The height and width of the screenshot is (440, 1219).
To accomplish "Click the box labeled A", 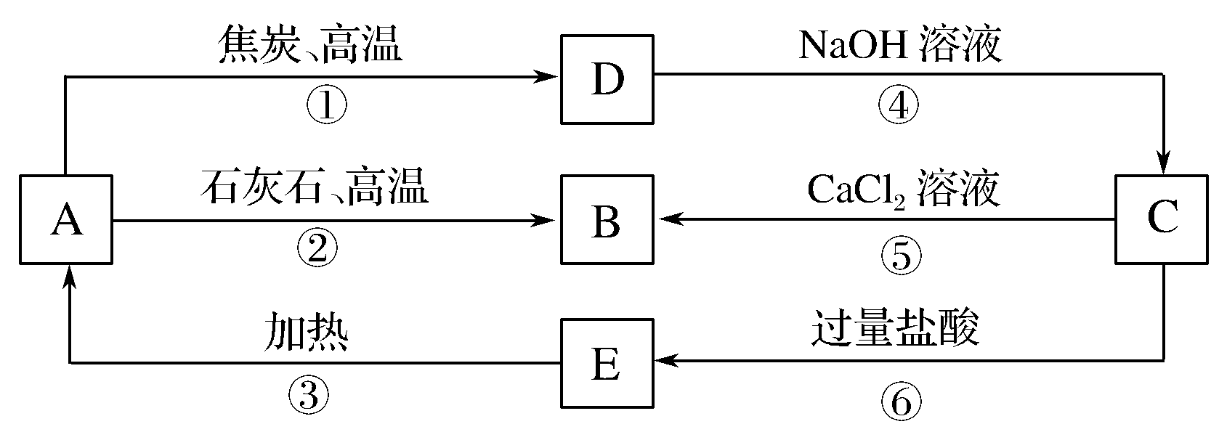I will pos(66,219).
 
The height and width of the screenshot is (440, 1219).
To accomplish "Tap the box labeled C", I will pos(1162,219).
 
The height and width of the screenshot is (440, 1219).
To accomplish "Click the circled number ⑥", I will pos(901,401).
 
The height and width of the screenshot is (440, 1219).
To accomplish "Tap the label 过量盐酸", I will pos(895,330).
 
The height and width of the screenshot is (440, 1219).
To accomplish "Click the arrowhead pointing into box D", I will pos(546,76).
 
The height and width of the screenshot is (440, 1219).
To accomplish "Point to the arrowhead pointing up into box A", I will pos(69,277).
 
